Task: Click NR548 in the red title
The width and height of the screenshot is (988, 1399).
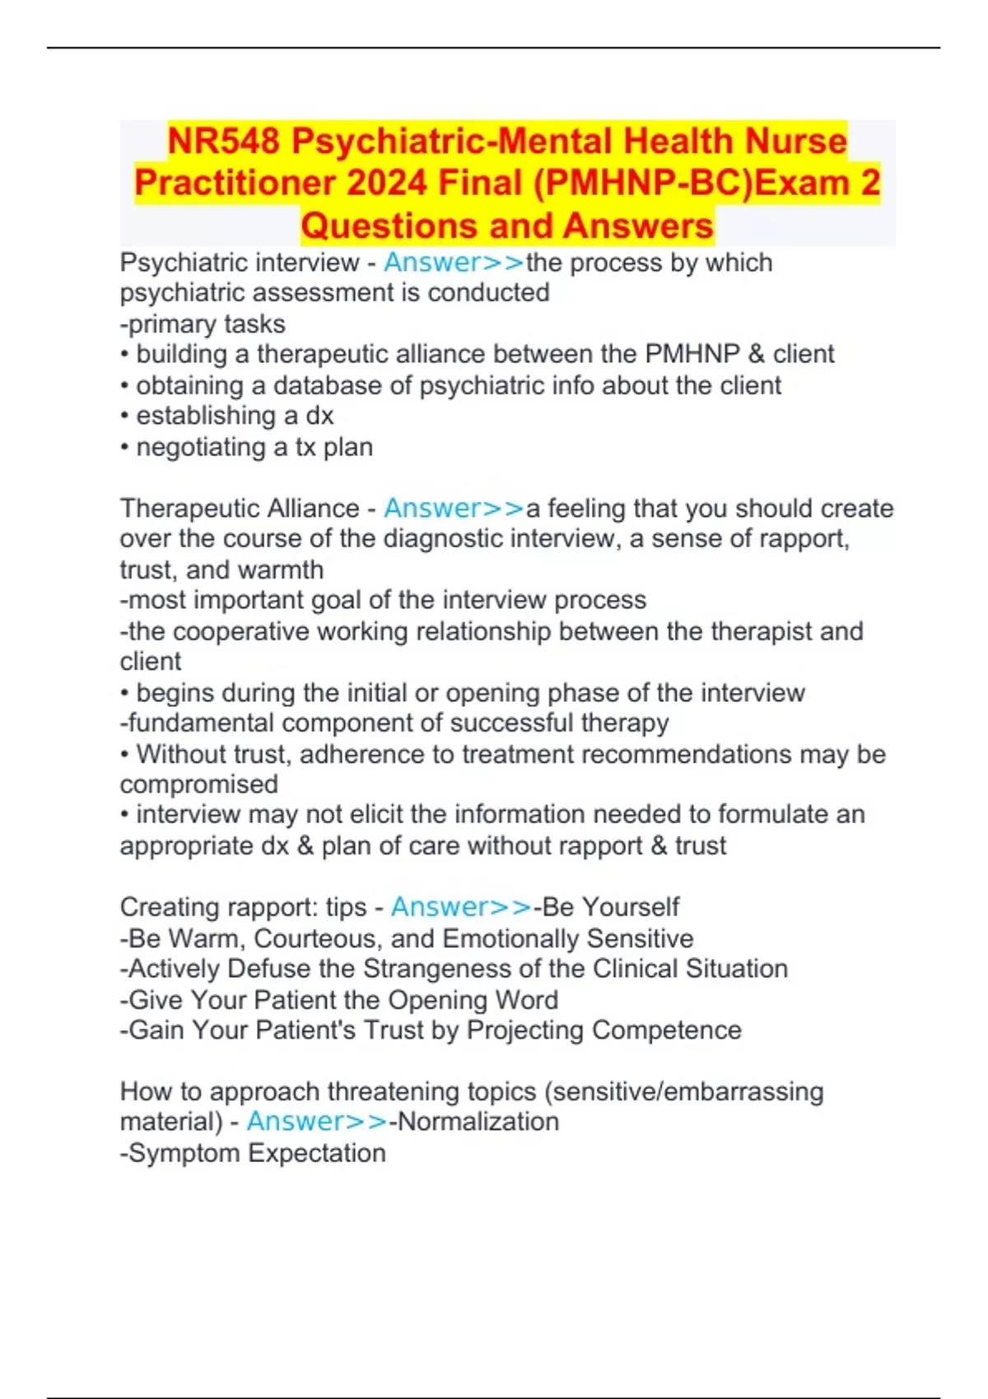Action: click(223, 142)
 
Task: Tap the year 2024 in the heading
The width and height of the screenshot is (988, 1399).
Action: click(388, 183)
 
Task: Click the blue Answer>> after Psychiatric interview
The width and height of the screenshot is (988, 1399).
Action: click(454, 263)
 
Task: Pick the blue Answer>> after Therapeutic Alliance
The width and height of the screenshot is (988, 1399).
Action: click(454, 509)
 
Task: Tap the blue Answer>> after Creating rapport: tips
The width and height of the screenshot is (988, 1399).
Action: click(461, 907)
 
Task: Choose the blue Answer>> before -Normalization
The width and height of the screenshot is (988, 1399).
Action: click(317, 1122)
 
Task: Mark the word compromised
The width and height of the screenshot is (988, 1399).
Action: click(198, 784)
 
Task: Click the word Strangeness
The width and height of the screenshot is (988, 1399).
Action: click(445, 969)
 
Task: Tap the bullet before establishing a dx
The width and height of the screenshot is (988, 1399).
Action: click(124, 416)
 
